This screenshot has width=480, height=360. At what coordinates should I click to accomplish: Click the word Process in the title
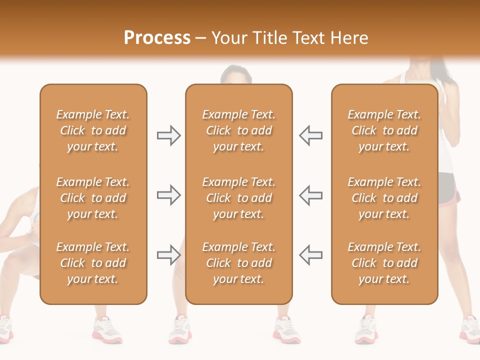tap(157, 38)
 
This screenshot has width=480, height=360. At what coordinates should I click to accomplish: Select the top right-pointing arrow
tap(168, 135)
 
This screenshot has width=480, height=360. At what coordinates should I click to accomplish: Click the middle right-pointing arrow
tap(168, 195)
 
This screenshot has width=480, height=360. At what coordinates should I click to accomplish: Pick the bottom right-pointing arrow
tap(168, 255)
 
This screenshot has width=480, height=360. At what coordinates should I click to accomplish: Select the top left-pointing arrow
tap(311, 135)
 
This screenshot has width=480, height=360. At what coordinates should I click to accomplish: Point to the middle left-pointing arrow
tap(311, 195)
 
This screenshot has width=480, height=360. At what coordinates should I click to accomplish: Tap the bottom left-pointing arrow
tap(311, 255)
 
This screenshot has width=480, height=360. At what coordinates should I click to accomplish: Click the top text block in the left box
tap(93, 130)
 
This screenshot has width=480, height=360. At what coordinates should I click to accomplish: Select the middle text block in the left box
tap(93, 198)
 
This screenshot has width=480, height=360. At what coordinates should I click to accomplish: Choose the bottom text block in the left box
tap(93, 263)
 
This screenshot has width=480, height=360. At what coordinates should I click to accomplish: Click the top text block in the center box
tap(238, 130)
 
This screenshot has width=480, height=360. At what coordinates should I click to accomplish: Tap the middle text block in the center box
tap(238, 198)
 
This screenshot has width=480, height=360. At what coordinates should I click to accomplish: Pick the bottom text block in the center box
tap(238, 263)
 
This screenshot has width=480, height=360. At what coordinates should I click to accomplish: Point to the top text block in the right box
tap(384, 130)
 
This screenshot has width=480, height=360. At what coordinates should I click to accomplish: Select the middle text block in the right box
tap(384, 198)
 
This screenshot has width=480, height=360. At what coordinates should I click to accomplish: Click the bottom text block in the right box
tap(384, 263)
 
